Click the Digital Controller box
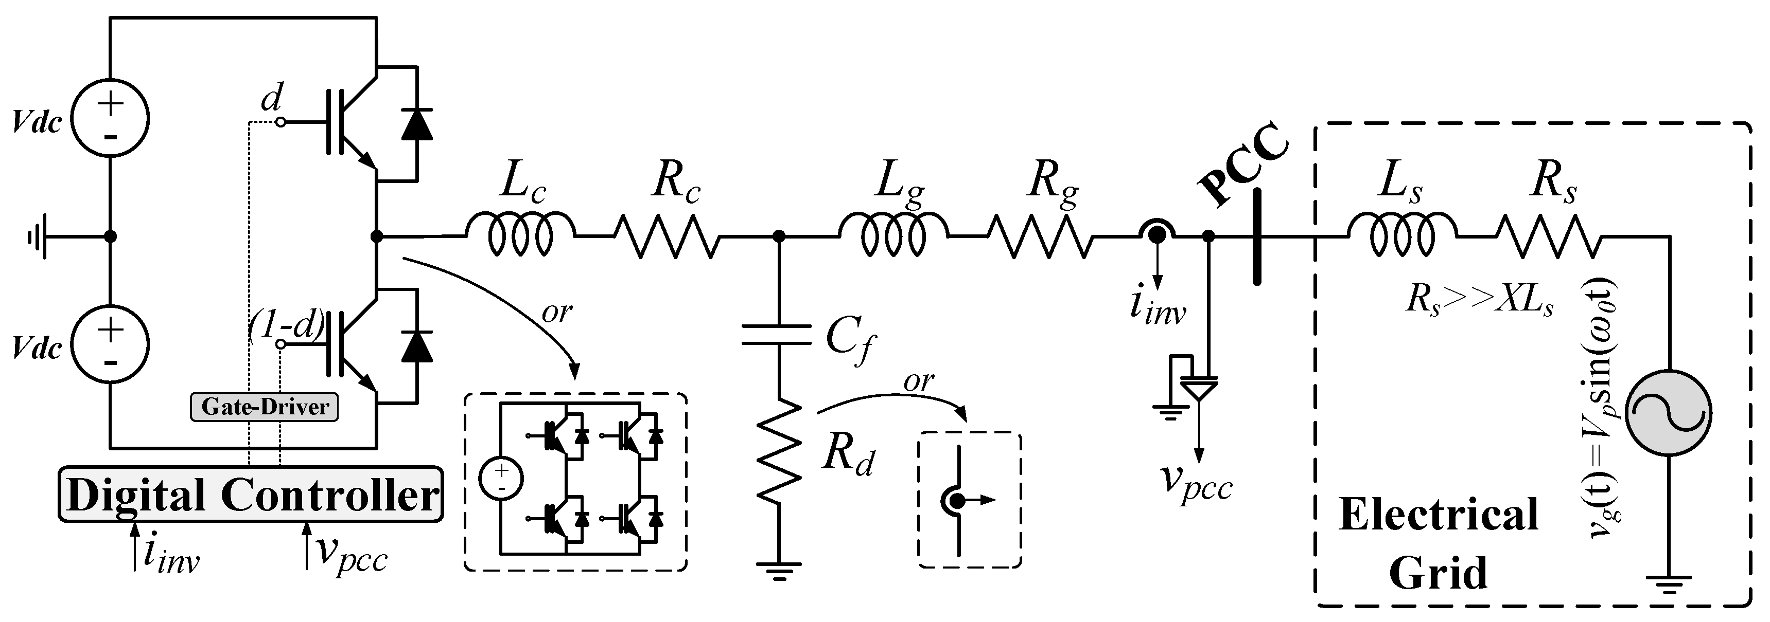[251, 495]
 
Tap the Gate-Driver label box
[265, 407]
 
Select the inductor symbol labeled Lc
[520, 235]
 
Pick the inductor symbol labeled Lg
[893, 235]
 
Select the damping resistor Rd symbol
[779, 453]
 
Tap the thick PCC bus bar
[1257, 237]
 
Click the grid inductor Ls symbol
[1401, 235]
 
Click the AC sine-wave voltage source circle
[1668, 413]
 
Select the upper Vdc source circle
[111, 118]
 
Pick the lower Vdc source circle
[111, 344]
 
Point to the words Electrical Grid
[1438, 542]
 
